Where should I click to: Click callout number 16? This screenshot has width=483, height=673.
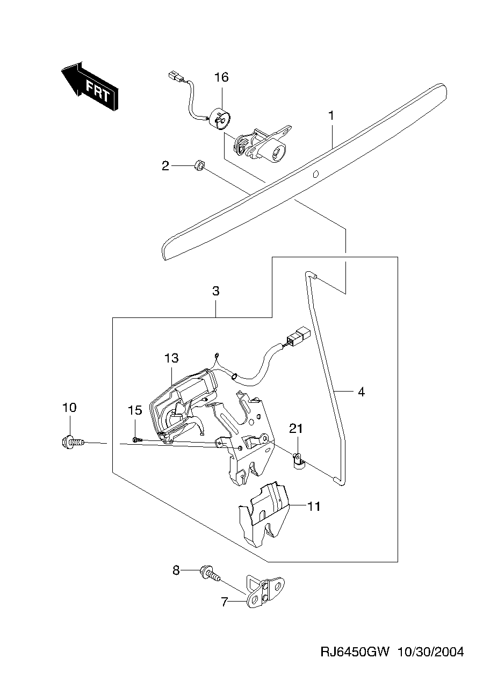point(221,77)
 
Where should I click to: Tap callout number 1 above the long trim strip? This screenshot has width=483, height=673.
point(331,115)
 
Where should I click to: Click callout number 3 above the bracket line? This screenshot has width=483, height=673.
point(216,291)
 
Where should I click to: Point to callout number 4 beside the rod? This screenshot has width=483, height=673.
point(361,392)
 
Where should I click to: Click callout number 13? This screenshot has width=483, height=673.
point(171,358)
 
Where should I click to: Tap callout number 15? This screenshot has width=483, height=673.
point(135,410)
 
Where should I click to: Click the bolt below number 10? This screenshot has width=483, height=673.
point(72,442)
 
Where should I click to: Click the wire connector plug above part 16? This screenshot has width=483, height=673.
point(175,76)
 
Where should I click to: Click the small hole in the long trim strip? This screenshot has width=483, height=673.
point(315,173)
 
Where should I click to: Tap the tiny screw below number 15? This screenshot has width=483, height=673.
point(135,439)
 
